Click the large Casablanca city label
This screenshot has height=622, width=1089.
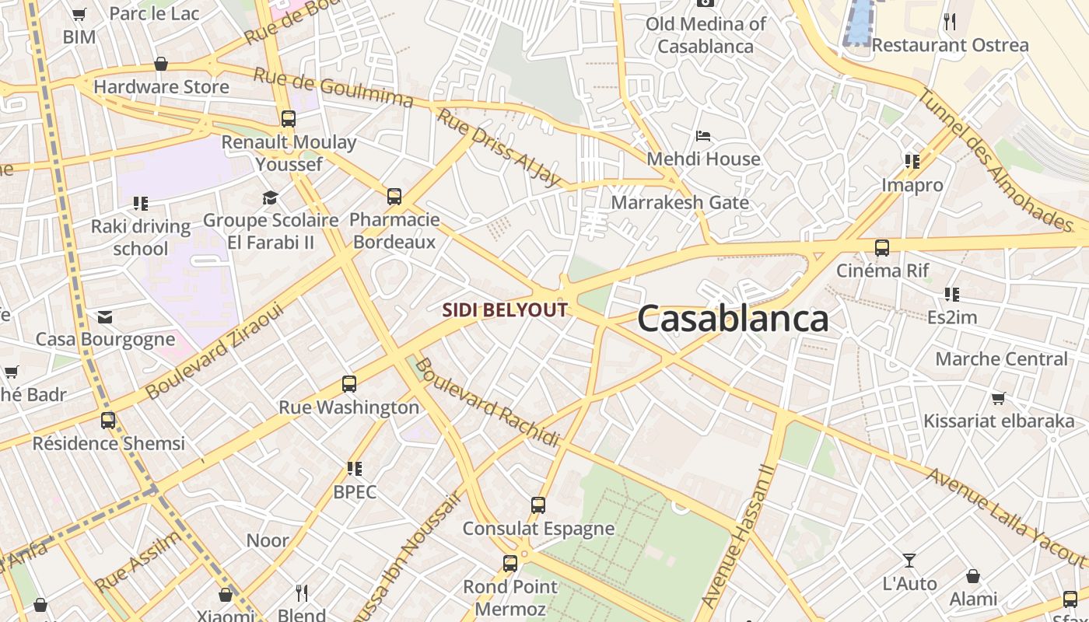tap(733, 319)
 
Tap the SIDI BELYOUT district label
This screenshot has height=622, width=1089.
tap(505, 310)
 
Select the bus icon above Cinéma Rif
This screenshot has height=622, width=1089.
tap(881, 248)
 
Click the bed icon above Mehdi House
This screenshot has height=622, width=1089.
tap(703, 136)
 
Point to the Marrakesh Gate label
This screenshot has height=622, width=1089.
tap(680, 203)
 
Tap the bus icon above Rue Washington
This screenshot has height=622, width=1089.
tap(349, 384)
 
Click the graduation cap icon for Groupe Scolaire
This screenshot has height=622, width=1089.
tap(270, 198)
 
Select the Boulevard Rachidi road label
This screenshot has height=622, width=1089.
tap(488, 403)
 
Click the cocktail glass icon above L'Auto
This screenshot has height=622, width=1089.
tap(909, 561)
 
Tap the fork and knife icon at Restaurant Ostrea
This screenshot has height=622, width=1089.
tap(949, 22)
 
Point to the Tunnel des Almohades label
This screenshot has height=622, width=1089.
tap(996, 159)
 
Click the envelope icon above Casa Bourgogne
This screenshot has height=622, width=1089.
tap(105, 317)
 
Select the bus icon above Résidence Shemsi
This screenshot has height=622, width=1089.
tap(108, 421)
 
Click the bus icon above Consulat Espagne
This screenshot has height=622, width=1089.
tap(537, 505)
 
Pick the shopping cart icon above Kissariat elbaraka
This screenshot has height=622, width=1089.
tap(998, 398)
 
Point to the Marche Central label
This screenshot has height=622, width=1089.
tap(1001, 359)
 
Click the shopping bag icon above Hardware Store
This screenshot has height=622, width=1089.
tap(161, 64)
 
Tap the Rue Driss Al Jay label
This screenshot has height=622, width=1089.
tap(499, 148)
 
